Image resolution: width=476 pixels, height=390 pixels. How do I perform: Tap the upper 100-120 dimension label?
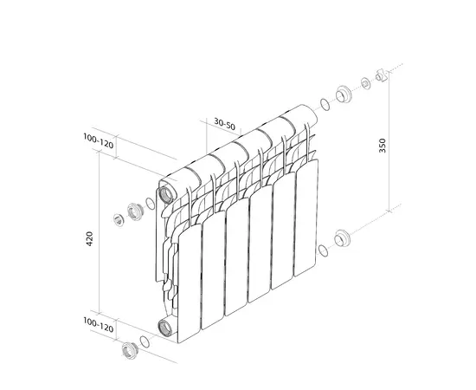point(99,140)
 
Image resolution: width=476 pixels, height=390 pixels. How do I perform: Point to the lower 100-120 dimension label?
point(99,328)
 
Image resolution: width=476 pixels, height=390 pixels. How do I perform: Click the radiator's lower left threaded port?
point(164,327)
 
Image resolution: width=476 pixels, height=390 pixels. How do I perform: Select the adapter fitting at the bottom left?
point(132,350)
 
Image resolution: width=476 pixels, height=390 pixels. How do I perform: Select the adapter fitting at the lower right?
point(342,236)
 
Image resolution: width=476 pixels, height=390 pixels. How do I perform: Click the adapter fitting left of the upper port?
point(134,211)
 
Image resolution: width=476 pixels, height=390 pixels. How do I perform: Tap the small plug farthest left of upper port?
point(119,218)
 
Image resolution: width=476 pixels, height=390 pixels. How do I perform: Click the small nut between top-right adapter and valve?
point(365,83)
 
